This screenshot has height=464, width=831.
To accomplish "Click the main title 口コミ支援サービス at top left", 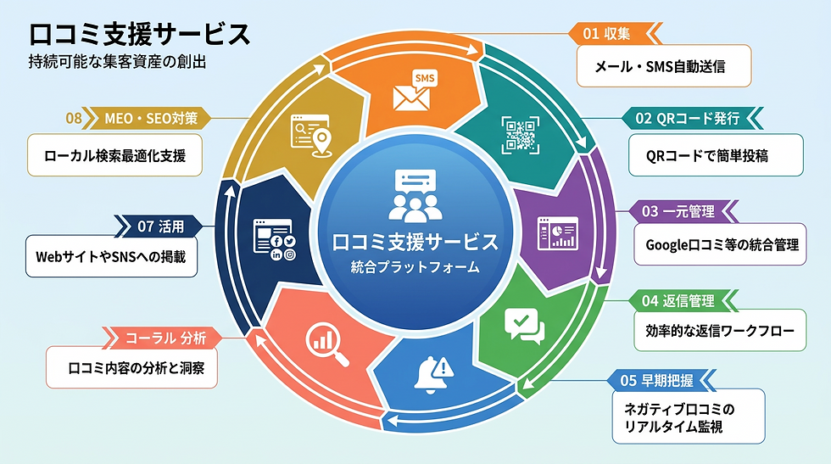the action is click(x=139, y=35).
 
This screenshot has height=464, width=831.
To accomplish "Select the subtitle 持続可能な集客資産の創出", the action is click(x=117, y=62).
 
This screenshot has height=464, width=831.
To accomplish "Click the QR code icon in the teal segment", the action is click(x=521, y=135).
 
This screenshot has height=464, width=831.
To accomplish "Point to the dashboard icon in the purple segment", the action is click(x=558, y=233).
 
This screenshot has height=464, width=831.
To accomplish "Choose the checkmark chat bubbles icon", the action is click(x=525, y=326).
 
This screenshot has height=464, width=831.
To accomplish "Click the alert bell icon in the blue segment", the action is click(x=433, y=375).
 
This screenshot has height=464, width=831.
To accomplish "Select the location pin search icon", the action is click(x=312, y=135).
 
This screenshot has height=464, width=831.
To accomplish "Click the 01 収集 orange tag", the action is click(x=615, y=33).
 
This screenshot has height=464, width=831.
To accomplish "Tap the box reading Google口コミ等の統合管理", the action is click(x=720, y=244).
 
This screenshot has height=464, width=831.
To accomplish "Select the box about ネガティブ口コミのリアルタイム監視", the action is click(x=689, y=416).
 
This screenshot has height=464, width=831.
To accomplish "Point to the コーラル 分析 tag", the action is click(x=162, y=338).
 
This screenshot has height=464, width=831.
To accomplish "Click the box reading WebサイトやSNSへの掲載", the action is click(x=111, y=257).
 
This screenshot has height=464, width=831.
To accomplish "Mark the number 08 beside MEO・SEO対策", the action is click(x=74, y=118).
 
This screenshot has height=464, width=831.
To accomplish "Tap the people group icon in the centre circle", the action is click(x=415, y=196).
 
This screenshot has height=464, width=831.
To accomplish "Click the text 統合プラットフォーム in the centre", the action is click(x=415, y=266).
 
